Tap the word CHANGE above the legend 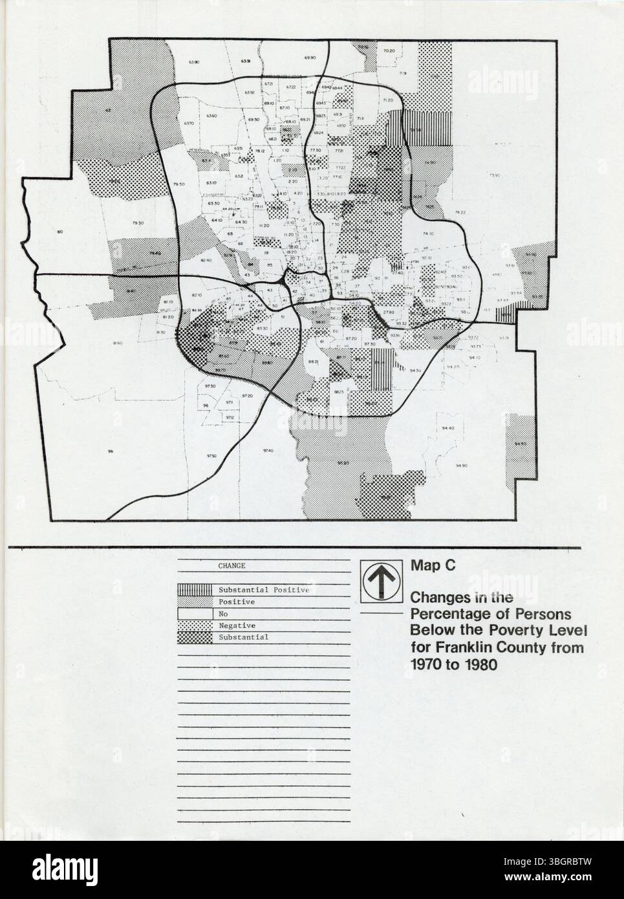231,565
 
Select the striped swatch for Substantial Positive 195,590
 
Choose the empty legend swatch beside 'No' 195,614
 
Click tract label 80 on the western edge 59,232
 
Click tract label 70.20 388,50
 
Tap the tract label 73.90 495,175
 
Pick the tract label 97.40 268,450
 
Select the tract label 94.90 461,466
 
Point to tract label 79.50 180,184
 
